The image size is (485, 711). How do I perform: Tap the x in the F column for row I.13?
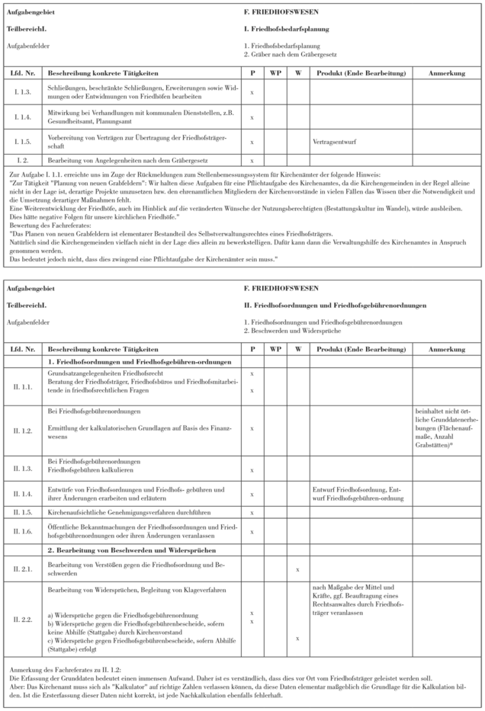coord(252,92)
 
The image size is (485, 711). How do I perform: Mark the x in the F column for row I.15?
coord(252,141)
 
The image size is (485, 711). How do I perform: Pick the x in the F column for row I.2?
coord(252,160)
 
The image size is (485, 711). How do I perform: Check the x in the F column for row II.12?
coord(252,429)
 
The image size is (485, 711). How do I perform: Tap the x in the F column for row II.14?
coord(252,493)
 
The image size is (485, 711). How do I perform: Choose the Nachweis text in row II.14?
coord(358,492)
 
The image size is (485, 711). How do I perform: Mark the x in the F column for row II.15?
coord(252,512)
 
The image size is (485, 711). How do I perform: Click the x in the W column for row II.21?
coord(298,568)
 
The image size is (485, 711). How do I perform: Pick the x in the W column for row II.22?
coord(298,639)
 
